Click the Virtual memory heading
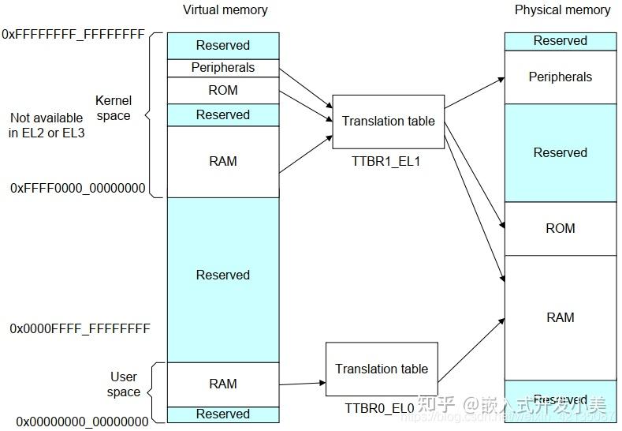[x=225, y=10]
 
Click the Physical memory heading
[x=562, y=10]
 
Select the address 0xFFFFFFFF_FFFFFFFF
[x=73, y=35]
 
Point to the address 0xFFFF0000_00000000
[x=77, y=188]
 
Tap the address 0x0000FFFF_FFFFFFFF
[x=80, y=328]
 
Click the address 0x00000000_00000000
[x=82, y=422]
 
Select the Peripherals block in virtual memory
[x=223, y=68]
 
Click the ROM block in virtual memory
[x=223, y=90]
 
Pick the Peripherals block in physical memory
[x=560, y=77]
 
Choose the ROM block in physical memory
[x=560, y=228]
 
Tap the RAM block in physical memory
[x=560, y=317]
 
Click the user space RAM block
[x=223, y=384]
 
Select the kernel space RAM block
[x=223, y=161]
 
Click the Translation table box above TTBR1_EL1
[x=388, y=122]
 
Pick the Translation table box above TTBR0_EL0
[x=382, y=369]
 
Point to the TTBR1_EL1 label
[x=387, y=160]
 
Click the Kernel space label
[x=114, y=108]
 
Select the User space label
[x=123, y=384]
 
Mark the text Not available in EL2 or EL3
[x=47, y=126]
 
